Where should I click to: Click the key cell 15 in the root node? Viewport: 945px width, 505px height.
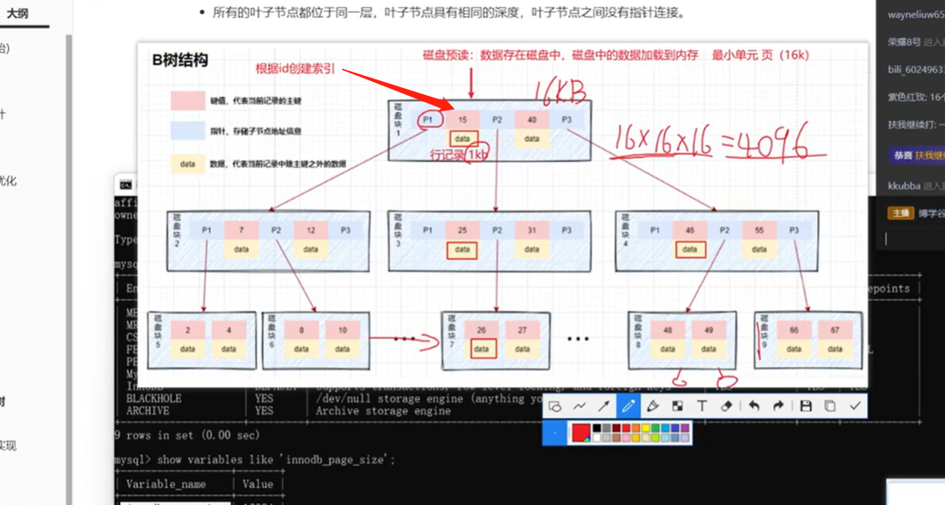463,119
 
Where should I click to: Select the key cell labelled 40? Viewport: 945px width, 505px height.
532,119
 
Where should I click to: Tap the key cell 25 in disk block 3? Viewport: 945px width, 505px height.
463,230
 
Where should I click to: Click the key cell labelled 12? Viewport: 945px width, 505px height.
310,230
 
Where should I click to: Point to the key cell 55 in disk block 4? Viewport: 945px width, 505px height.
758,230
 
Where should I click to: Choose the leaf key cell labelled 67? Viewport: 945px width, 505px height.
834,330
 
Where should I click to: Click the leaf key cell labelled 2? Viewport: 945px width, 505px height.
187,330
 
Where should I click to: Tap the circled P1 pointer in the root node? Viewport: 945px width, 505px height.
429,119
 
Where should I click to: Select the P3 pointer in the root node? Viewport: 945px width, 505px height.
567,119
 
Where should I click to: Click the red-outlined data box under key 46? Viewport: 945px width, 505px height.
689,249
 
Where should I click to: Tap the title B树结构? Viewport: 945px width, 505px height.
180,60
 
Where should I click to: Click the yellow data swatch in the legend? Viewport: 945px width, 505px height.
187,163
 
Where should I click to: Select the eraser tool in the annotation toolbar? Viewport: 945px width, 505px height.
726,406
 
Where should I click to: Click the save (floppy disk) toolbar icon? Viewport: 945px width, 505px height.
805,406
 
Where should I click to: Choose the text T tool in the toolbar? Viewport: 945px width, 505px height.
701,406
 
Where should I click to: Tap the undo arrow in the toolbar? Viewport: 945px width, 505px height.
754,406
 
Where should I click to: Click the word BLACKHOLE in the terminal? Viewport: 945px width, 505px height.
154,399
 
